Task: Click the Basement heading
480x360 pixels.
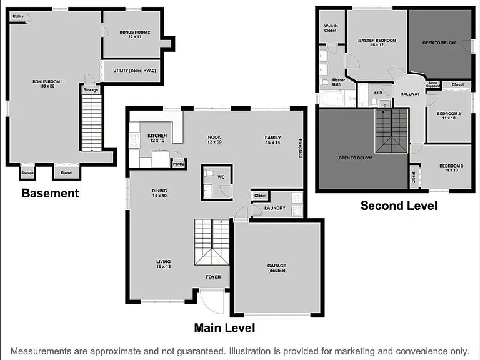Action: (51, 194)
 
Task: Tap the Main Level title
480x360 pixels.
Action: (225, 328)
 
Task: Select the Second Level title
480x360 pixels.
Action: (399, 206)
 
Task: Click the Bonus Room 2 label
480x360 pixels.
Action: (135, 34)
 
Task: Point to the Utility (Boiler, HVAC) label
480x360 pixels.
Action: (135, 71)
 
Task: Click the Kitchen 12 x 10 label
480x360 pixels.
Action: (157, 137)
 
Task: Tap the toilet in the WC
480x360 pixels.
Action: (209, 174)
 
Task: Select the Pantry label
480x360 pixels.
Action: (179, 164)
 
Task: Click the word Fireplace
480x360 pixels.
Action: (300, 149)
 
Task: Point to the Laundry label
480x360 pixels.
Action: (275, 208)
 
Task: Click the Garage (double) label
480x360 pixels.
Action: (277, 268)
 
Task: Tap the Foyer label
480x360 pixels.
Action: (213, 277)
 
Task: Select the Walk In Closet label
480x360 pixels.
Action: (331, 28)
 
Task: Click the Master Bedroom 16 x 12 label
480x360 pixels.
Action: (377, 42)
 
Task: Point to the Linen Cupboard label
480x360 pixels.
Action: (433, 84)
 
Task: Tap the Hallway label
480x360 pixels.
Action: (410, 94)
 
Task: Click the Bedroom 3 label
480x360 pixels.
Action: (451, 167)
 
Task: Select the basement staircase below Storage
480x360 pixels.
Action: (92, 122)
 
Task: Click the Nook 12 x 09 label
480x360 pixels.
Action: (214, 139)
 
